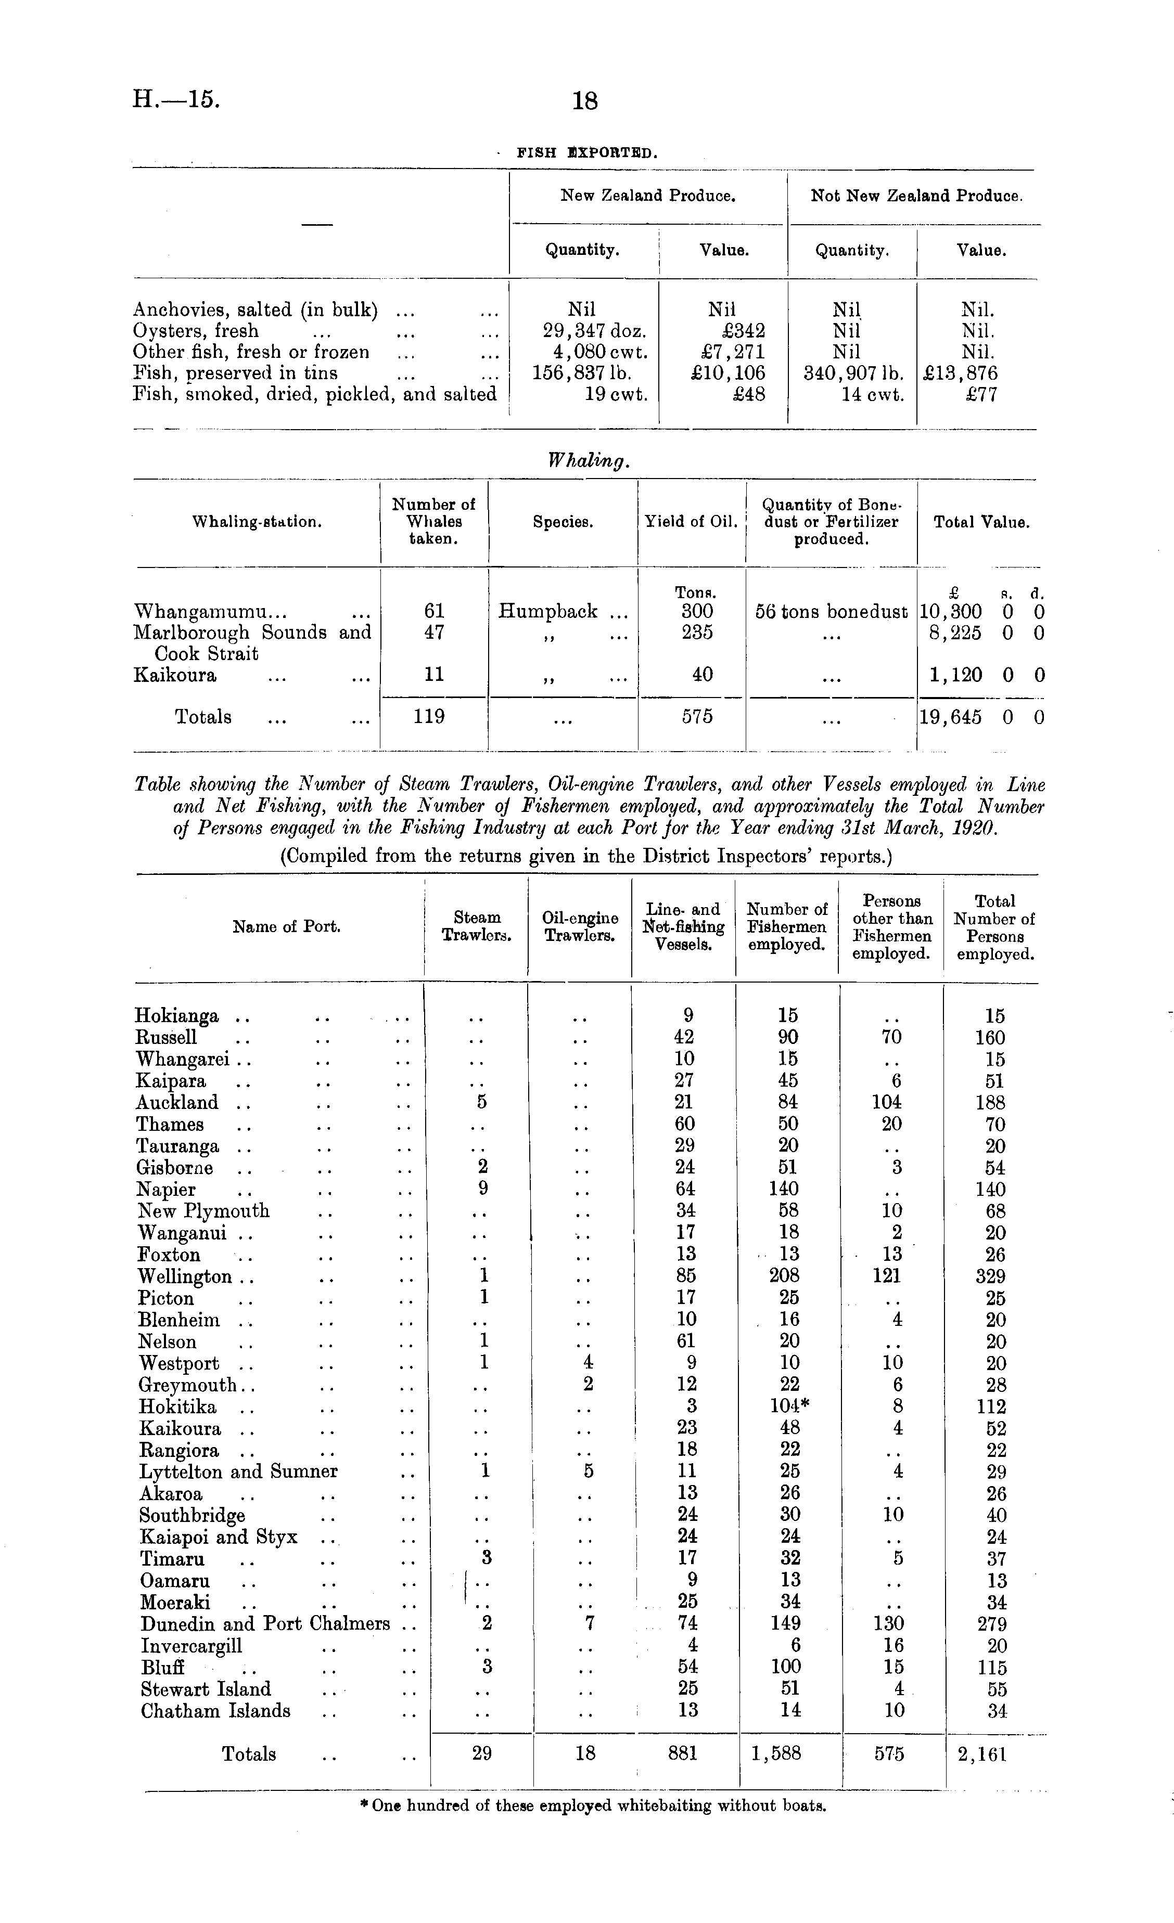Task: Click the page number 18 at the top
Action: point(585,101)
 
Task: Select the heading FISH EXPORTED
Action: point(587,153)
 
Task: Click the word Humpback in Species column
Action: point(548,611)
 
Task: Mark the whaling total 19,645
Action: point(951,716)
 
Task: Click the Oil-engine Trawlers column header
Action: point(580,926)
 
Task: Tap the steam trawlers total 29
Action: point(482,1753)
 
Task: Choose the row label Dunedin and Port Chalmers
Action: point(264,1624)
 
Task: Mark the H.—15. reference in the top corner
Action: point(176,99)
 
